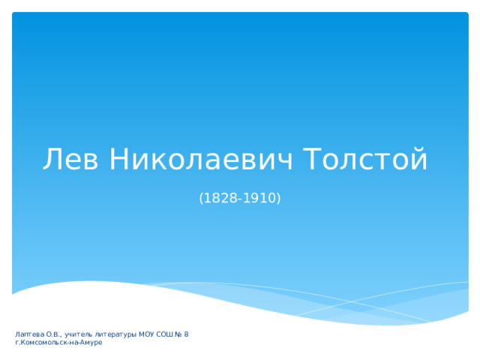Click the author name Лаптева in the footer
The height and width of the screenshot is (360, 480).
[30, 334]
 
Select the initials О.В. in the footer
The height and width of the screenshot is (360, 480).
[54, 334]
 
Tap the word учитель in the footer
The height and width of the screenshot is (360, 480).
[78, 334]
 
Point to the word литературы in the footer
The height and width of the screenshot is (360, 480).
[115, 334]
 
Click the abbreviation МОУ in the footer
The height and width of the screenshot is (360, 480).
[147, 334]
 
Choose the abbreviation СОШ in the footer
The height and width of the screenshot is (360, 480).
[165, 334]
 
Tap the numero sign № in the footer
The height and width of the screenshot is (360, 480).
[178, 334]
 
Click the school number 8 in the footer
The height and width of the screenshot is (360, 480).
[187, 334]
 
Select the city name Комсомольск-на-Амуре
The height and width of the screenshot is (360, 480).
[61, 343]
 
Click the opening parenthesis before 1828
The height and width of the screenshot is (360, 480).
[201, 198]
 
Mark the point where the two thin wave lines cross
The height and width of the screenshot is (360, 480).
[351, 301]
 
